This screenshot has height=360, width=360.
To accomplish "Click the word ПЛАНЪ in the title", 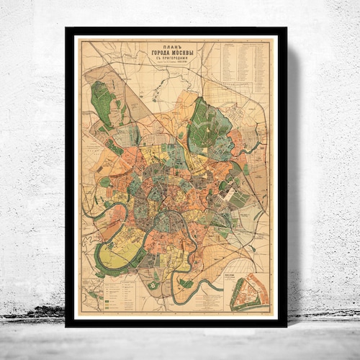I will [166, 48].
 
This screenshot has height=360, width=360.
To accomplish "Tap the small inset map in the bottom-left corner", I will [89, 299].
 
